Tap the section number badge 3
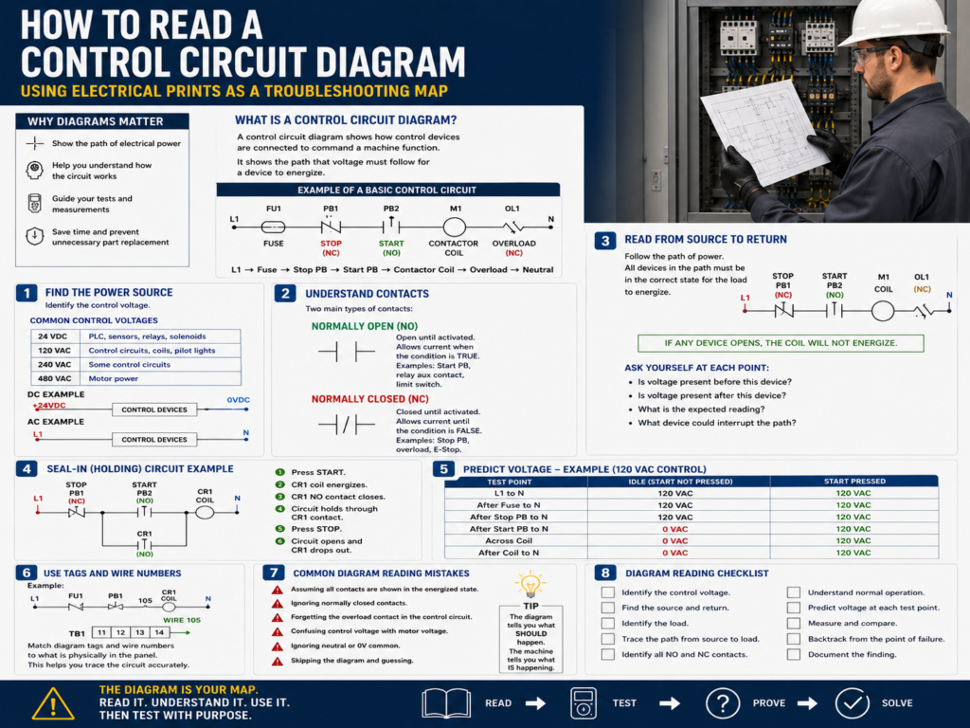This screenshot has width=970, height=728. tap(605, 240)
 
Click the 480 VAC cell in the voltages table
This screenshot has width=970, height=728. tap(54, 379)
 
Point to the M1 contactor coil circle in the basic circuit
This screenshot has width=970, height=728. tap(454, 227)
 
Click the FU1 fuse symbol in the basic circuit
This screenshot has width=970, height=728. tap(274, 227)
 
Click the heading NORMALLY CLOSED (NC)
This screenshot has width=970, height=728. tap(370, 399)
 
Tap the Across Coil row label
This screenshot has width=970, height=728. tap(509, 541)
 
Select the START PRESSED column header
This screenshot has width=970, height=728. tap(854, 481)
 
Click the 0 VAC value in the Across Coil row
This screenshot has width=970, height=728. tap(674, 541)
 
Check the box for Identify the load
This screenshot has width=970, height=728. tap(608, 624)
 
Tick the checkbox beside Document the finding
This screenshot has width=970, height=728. tap(794, 654)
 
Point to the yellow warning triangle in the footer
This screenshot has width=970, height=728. tap(53, 704)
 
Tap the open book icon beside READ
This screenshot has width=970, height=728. tap(446, 704)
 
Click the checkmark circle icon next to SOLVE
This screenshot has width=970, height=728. tap(852, 703)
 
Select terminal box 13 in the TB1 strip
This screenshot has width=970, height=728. tap(140, 632)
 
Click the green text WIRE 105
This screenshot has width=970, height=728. tap(182, 620)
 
